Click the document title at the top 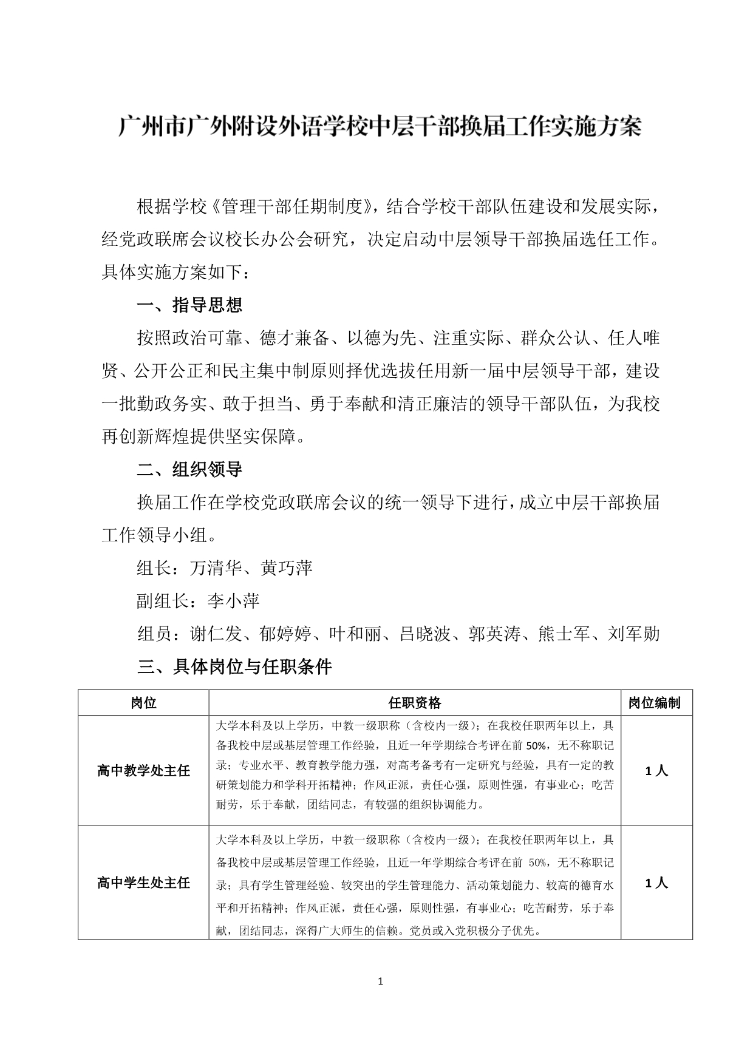tap(380, 127)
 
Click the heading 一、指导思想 tap(190, 305)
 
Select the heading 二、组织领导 tap(190, 469)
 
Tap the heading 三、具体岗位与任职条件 tap(234, 667)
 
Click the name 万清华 tap(216, 568)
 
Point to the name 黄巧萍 tap(287, 568)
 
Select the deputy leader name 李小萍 tap(233, 601)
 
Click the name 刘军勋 tap(634, 634)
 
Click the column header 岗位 tap(143, 703)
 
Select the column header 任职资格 tap(415, 703)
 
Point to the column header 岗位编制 tap(654, 703)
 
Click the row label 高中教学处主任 tap(143, 771)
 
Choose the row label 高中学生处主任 tap(143, 883)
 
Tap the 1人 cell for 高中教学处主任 tap(656, 771)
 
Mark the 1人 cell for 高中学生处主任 tap(656, 883)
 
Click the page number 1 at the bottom tap(380, 981)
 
